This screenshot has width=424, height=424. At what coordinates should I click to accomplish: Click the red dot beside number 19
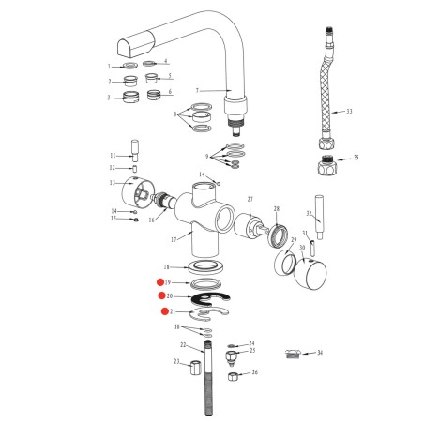point(159,282)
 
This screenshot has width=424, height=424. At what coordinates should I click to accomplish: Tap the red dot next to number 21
point(163,310)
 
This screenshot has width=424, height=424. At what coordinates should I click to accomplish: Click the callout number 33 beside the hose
point(349,112)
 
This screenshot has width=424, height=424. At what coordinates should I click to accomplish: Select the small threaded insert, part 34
point(294,354)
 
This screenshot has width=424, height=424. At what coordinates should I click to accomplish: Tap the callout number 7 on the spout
point(198,90)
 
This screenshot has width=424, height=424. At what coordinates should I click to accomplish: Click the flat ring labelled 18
point(204,269)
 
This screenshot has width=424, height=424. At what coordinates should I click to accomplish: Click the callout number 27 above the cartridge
point(250,199)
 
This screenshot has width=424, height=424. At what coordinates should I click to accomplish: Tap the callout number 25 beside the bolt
point(252,351)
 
